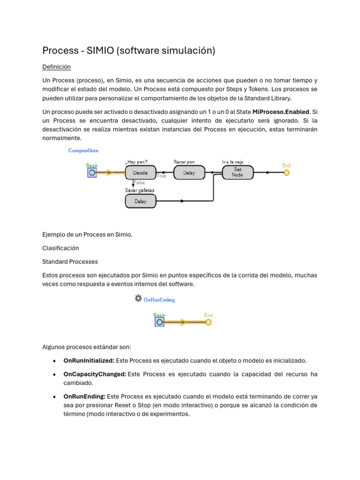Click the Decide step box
point(141,172)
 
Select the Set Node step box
point(238,172)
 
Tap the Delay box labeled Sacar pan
point(189,172)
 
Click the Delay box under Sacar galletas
point(141,201)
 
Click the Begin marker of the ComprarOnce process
point(92,172)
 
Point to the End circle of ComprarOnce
point(286,172)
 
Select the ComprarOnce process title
point(83,150)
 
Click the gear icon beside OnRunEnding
point(138,298)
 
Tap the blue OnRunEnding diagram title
point(159,300)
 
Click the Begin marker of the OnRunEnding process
point(159,322)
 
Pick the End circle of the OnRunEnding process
point(209,322)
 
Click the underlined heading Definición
point(56,67)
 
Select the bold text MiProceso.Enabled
point(281,112)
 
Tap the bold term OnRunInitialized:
point(89,360)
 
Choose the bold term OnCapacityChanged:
point(95,374)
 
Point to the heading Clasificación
point(60,248)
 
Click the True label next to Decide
point(161,176)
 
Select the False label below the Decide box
point(139,183)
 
